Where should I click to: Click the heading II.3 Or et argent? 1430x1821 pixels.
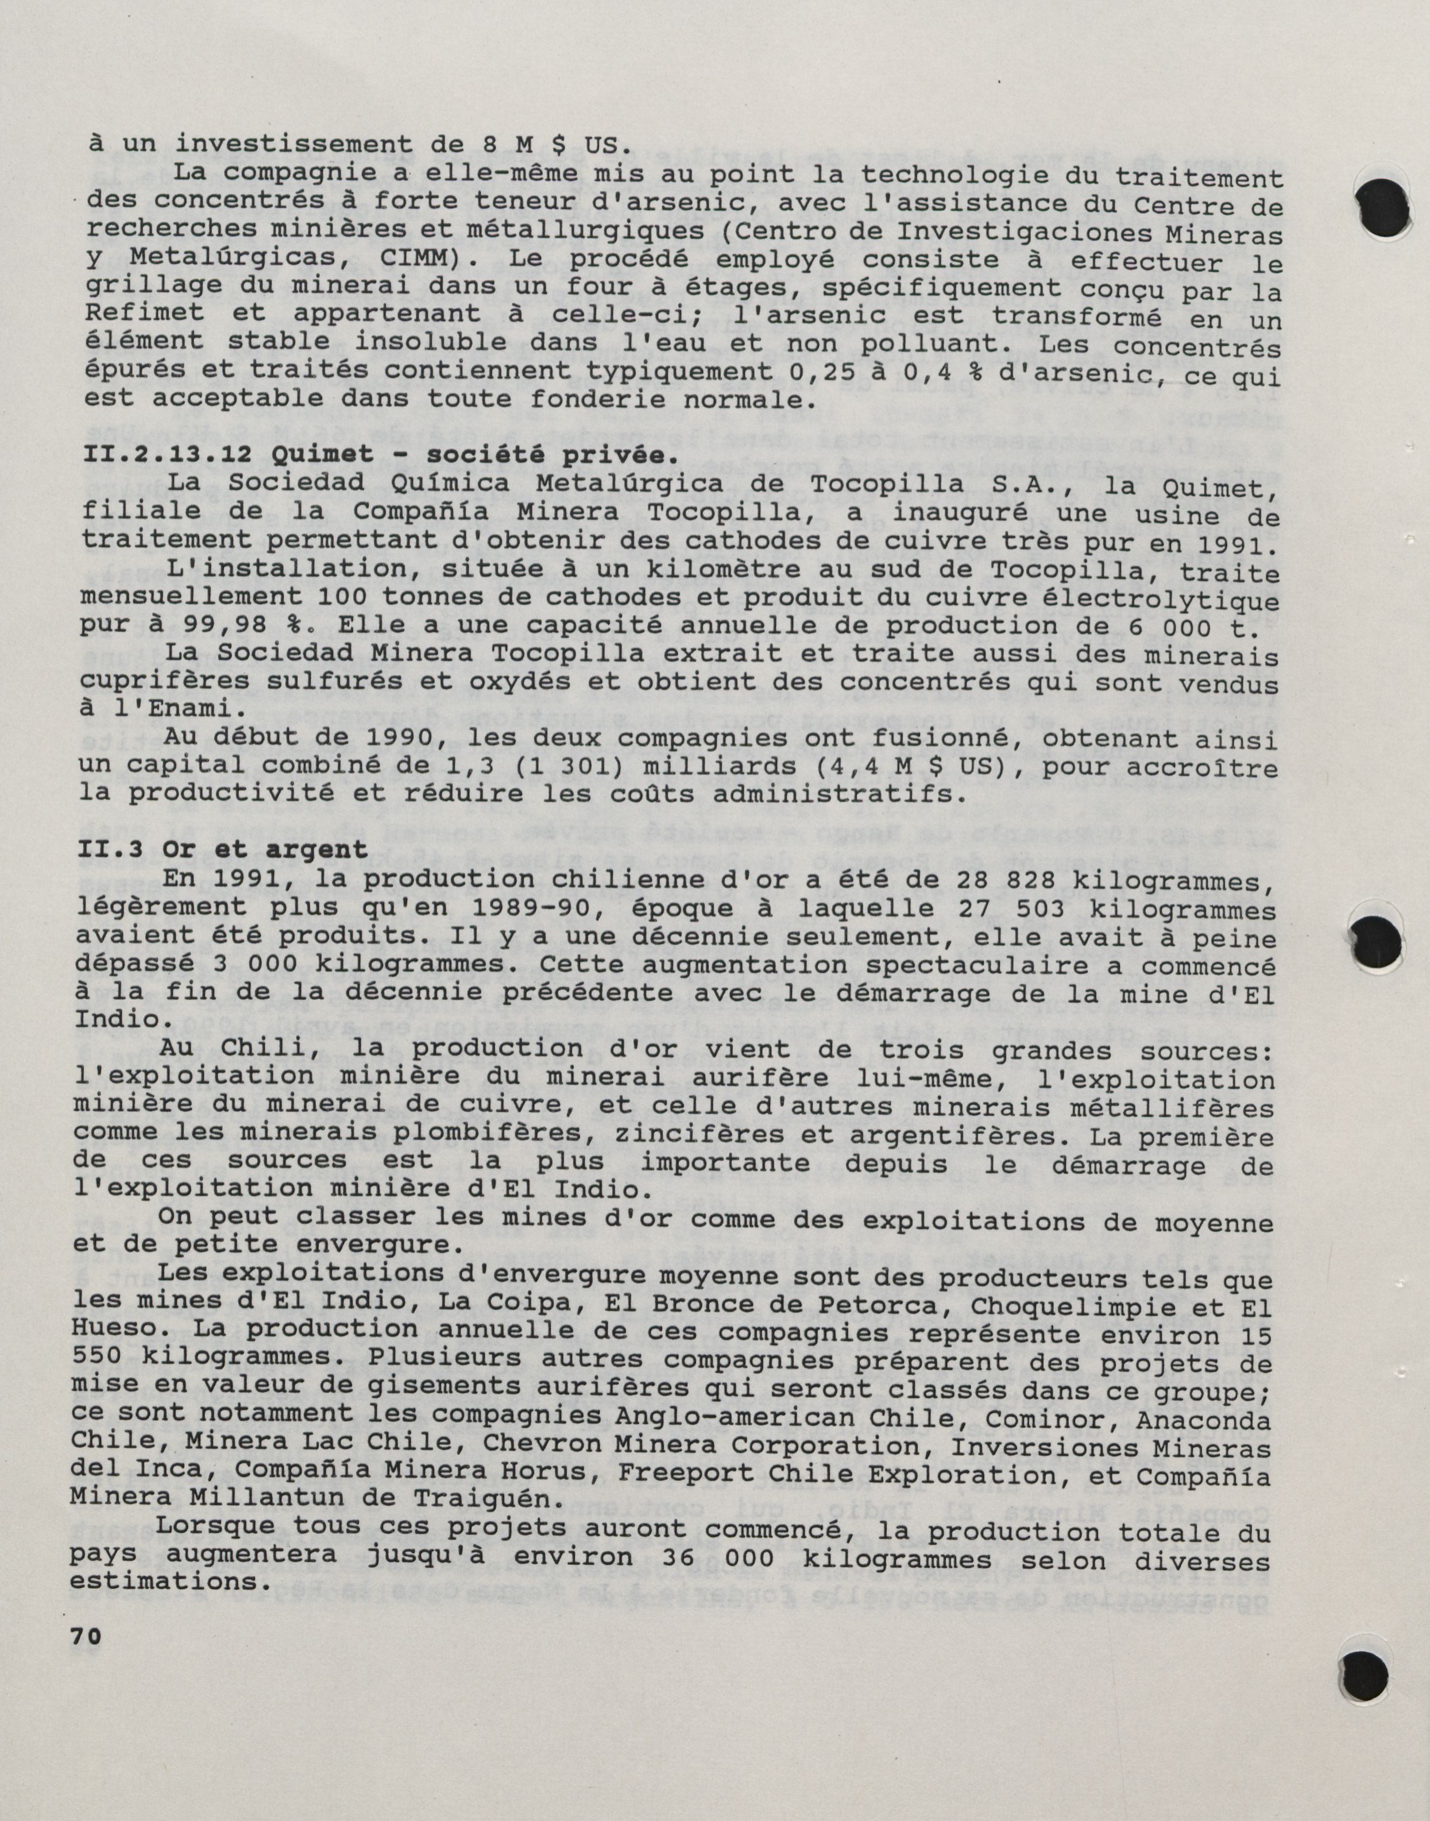[222, 849]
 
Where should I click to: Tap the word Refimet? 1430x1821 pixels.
[144, 314]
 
